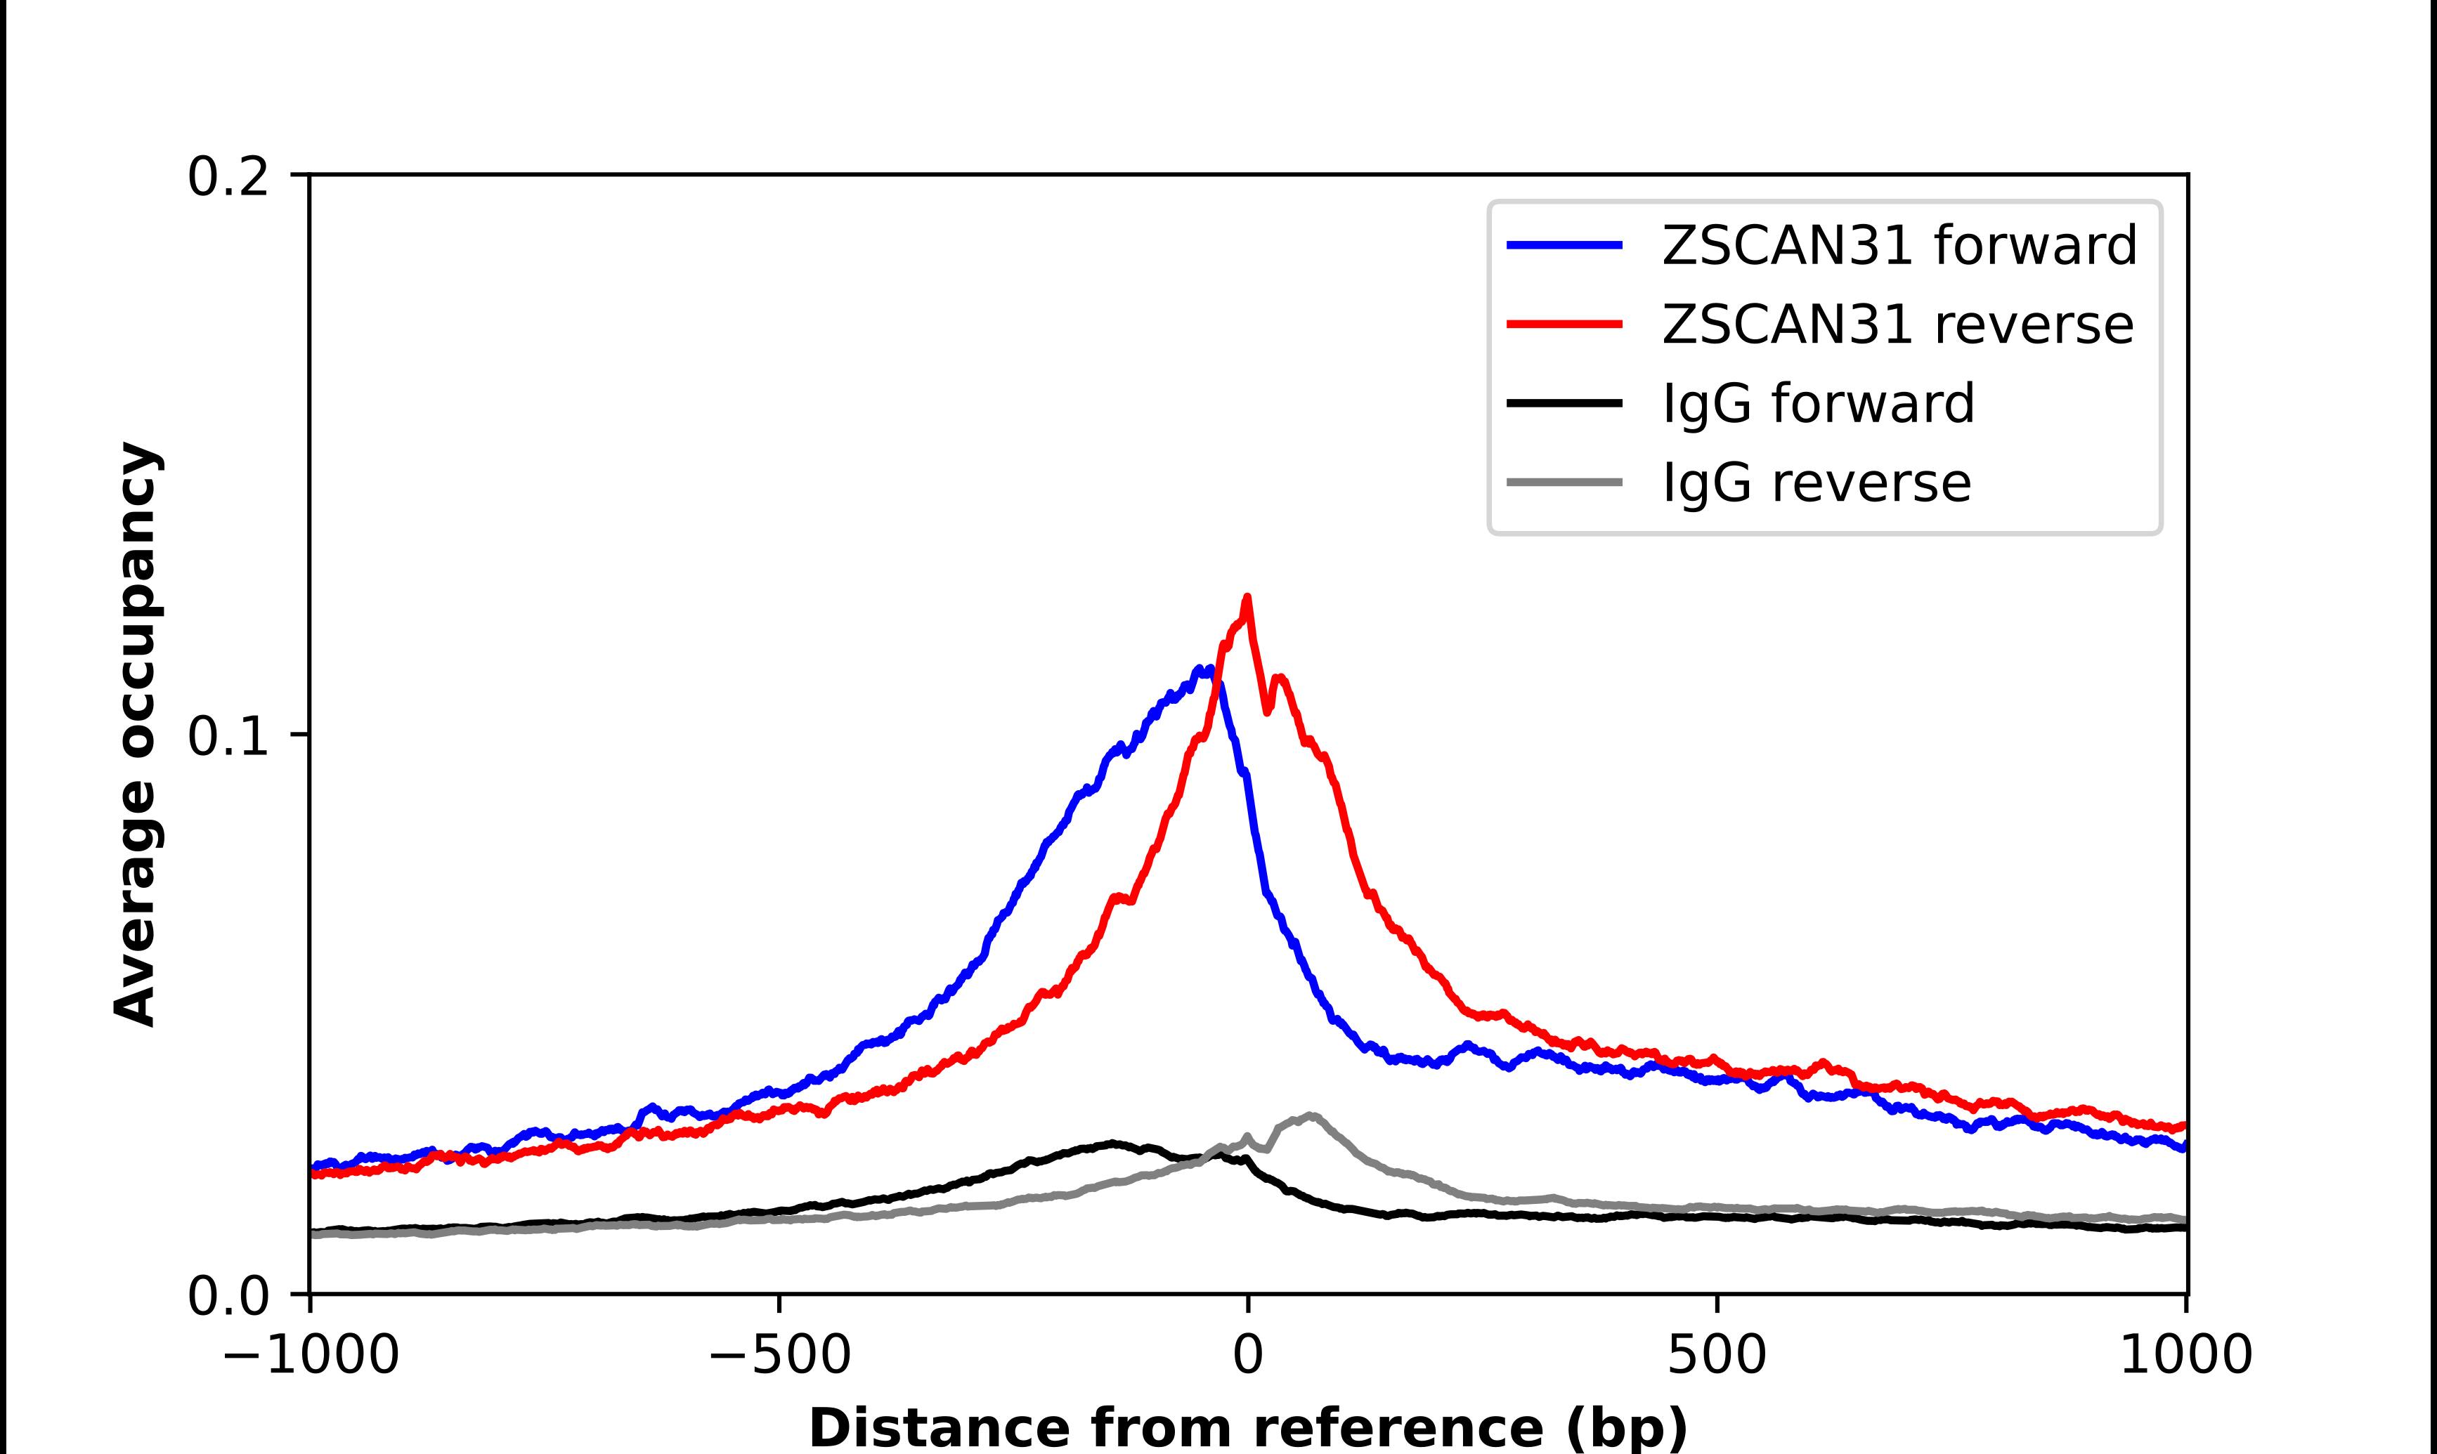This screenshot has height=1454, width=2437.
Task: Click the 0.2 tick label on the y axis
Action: tap(228, 177)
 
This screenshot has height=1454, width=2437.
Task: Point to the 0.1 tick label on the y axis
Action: tap(228, 737)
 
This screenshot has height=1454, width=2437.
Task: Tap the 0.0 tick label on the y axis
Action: tap(228, 1296)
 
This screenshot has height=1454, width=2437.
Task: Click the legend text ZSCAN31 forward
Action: tap(1899, 245)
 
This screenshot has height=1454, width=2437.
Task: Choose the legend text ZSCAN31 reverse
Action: tap(1897, 325)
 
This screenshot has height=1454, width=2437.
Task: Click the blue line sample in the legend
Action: tap(1565, 245)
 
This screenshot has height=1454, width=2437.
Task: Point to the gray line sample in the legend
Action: tap(1565, 482)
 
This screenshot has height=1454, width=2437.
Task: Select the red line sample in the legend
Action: tap(1565, 325)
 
